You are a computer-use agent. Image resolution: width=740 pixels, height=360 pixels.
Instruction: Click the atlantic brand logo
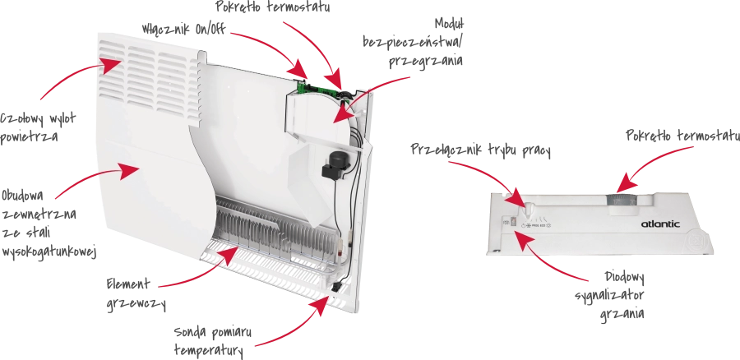tap(660, 224)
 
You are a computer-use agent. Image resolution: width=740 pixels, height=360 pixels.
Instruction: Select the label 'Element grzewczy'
tap(135, 294)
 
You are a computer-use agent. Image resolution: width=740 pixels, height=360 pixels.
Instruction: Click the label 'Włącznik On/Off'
tap(184, 29)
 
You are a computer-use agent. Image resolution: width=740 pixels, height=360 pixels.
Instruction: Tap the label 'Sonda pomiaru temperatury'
tap(212, 340)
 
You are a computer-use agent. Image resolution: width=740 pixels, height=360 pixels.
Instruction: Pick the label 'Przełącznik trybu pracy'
tap(480, 150)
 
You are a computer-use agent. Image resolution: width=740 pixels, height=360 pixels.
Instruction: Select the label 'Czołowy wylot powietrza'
tap(37, 127)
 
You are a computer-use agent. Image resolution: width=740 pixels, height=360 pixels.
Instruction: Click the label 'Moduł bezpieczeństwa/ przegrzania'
tap(414, 43)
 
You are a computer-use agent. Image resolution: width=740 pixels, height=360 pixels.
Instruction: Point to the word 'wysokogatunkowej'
tap(49, 252)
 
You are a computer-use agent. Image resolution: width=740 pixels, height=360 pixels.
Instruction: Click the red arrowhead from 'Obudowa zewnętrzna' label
tap(128, 171)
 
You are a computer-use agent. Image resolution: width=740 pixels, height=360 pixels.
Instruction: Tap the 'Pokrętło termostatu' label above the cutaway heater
tap(273, 7)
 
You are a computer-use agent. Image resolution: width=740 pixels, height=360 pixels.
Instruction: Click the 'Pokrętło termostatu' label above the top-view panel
tap(682, 136)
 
